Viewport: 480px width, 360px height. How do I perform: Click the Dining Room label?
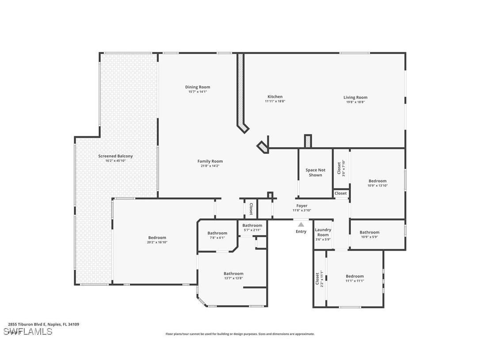(198, 87)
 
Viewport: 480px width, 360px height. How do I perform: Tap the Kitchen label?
(275, 97)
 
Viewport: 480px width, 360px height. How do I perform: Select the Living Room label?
(355, 97)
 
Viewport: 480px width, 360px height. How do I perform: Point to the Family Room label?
(210, 161)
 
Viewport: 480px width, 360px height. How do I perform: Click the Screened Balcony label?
(115, 156)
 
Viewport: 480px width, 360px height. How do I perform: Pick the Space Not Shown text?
(315, 172)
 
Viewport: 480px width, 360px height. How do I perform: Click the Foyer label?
(302, 206)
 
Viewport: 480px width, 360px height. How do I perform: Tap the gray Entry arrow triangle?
(301, 225)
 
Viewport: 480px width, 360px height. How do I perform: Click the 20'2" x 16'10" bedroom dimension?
(157, 242)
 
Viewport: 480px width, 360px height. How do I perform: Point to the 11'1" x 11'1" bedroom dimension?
(354, 281)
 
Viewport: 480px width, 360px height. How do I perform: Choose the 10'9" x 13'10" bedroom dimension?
(377, 186)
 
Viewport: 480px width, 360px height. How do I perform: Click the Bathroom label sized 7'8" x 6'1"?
(217, 233)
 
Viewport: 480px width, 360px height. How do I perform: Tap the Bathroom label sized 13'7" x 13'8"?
(233, 274)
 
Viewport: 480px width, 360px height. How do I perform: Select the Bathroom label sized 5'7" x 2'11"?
(252, 226)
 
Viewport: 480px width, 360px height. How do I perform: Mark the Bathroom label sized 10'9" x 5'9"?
(369, 232)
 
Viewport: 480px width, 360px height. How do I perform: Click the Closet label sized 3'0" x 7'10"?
(339, 168)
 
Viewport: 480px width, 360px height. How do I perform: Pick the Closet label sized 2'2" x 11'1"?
(317, 280)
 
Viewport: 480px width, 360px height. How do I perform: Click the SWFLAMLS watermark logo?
(27, 331)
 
